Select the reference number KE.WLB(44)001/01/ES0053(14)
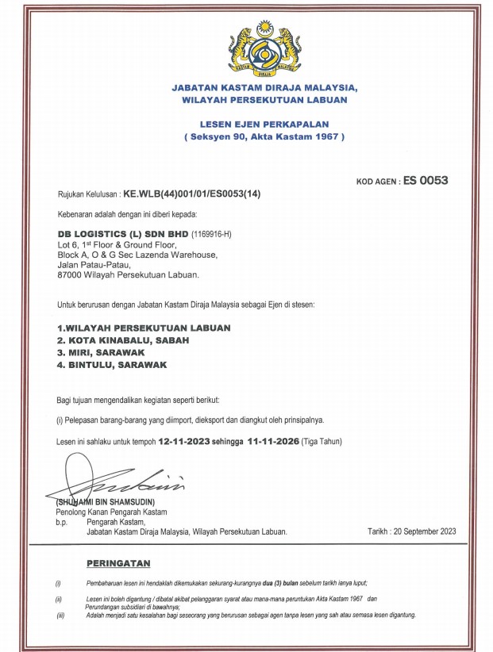tap(189, 194)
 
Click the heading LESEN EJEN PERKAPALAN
tap(264, 125)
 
